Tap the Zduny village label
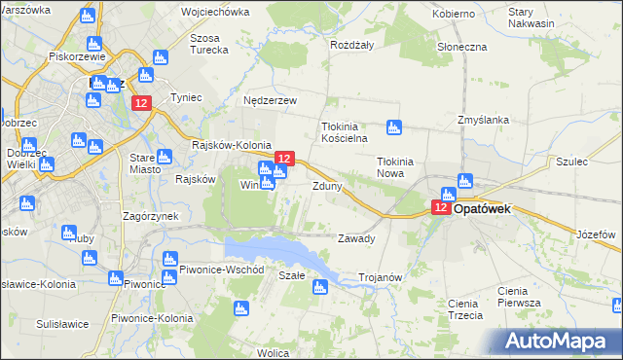click(x=326, y=186)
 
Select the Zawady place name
click(x=355, y=238)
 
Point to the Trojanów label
click(x=381, y=277)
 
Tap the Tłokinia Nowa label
click(x=396, y=168)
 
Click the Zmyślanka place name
click(x=484, y=120)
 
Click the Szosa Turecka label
click(x=210, y=45)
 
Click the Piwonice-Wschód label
click(x=216, y=269)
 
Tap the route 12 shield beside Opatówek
click(x=441, y=207)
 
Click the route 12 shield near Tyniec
click(x=142, y=104)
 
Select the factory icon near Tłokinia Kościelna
click(x=393, y=126)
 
